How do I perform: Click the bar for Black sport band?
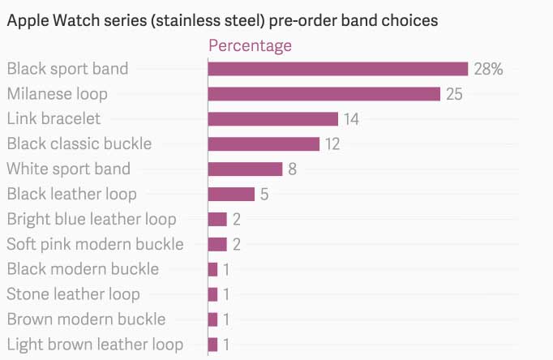pos(338,69)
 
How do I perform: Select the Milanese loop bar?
pos(324,94)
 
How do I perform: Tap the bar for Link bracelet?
pos(272,119)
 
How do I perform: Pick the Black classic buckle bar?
pos(264,144)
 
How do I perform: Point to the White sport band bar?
pos(245,169)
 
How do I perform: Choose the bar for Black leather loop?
pos(231,195)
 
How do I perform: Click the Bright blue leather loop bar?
pos(217,219)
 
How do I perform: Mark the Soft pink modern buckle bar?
pos(217,244)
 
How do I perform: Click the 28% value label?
pos(488,70)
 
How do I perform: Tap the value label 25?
pos(454,95)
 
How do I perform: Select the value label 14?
pos(351,120)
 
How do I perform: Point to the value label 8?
pos(293,170)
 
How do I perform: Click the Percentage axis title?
pos(250,45)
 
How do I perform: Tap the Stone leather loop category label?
pos(73,294)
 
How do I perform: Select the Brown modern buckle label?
pos(86,319)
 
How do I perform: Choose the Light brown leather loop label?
pos(95,345)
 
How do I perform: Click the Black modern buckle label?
pos(83,269)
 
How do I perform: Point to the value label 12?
pos(332,145)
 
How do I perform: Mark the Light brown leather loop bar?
pos(212,345)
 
